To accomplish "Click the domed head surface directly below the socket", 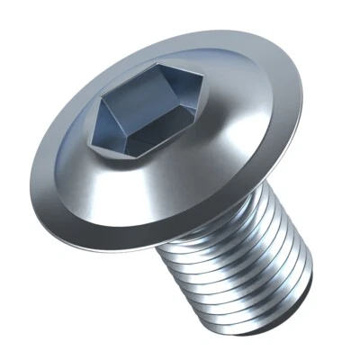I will tap(144, 193).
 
